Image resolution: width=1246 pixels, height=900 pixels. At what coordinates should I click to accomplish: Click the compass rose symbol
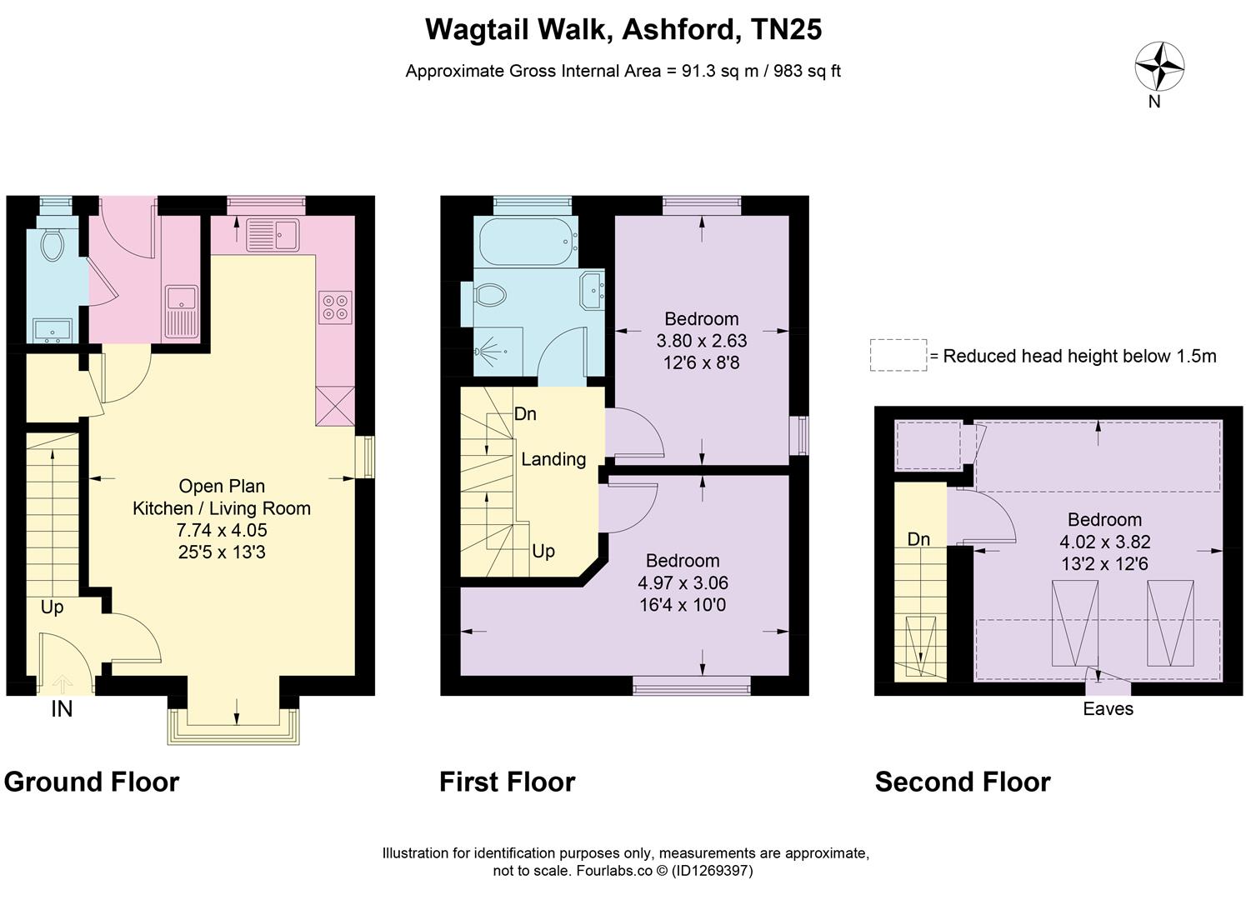click(x=1159, y=66)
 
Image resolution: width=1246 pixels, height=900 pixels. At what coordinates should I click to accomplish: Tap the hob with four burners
click(x=335, y=307)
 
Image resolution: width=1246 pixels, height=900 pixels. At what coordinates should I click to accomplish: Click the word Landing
click(x=553, y=459)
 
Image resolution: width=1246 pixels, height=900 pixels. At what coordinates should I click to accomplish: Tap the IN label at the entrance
click(x=62, y=709)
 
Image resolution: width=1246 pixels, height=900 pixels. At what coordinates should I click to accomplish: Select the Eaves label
click(x=1108, y=708)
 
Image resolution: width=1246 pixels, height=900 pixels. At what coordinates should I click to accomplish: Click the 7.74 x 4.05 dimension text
click(x=222, y=530)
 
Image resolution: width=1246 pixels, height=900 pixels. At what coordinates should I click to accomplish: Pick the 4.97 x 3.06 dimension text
click(x=683, y=583)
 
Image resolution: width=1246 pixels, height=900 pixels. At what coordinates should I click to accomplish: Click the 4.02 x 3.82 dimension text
click(x=1104, y=542)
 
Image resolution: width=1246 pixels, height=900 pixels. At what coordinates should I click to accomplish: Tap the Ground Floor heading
click(x=92, y=782)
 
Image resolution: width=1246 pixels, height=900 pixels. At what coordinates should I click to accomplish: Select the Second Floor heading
click(x=963, y=782)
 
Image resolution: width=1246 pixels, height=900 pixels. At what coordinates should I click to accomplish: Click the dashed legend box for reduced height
click(x=898, y=355)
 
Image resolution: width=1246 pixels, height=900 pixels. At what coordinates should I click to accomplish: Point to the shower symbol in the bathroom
click(x=488, y=352)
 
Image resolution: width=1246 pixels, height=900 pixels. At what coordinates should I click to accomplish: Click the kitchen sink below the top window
click(x=273, y=235)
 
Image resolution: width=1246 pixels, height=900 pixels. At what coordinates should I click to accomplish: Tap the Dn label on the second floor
click(x=918, y=539)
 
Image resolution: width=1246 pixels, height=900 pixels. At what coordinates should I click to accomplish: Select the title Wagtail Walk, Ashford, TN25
click(x=623, y=29)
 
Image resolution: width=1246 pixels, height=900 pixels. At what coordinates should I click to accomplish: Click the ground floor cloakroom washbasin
click(x=53, y=332)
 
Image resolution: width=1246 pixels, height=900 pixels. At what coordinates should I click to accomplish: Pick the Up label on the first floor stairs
click(x=543, y=551)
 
